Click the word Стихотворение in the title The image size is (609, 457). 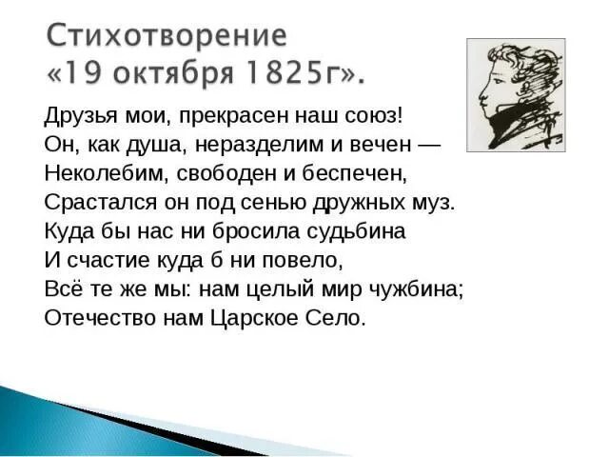coord(167,36)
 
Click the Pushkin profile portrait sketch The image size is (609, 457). coord(515,94)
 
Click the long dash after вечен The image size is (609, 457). coord(429,144)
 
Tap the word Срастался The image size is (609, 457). coord(88,202)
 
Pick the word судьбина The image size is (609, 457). coord(352,230)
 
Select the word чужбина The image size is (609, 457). coord(417,288)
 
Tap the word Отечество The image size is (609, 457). coord(95,317)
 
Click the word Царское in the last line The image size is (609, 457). coord(253,317)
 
